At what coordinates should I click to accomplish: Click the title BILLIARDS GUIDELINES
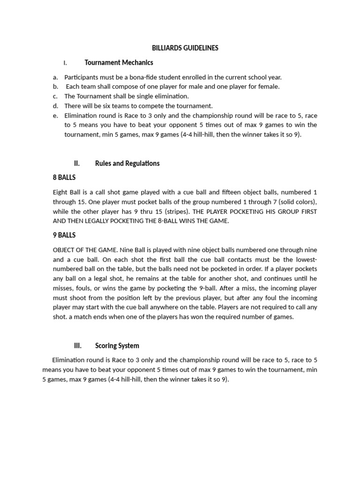185,48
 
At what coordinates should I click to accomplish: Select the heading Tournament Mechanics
119,62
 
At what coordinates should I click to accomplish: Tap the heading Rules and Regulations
127,163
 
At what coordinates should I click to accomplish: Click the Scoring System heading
117,345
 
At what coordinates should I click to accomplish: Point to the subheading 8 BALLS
64,178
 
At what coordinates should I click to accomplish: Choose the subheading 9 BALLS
64,235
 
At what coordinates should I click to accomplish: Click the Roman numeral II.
77,163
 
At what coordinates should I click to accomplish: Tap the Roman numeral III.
78,345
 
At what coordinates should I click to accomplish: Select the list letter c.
55,96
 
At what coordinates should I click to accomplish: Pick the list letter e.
55,115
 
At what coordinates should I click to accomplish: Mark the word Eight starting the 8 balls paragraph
61,192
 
